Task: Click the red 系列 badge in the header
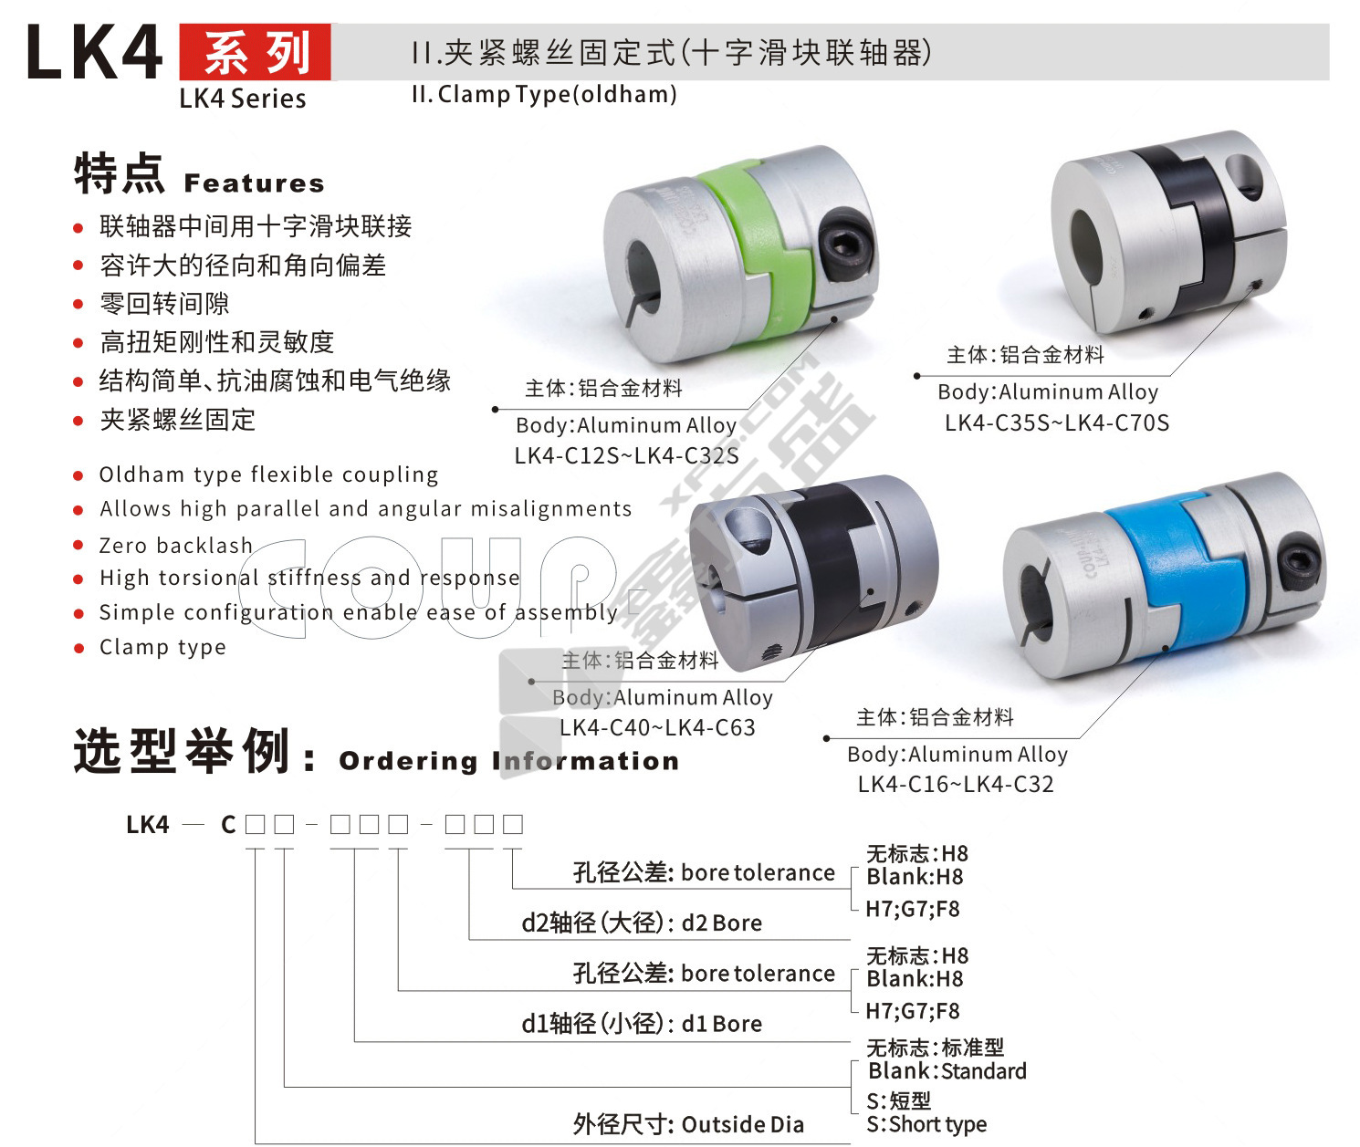pyautogui.click(x=255, y=52)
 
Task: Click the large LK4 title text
pyautogui.click(x=94, y=52)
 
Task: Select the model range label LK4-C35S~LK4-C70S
pyautogui.click(x=1056, y=423)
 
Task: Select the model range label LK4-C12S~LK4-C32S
pyautogui.click(x=626, y=456)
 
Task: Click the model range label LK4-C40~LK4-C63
pyautogui.click(x=657, y=727)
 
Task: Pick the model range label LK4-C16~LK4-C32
pyautogui.click(x=956, y=784)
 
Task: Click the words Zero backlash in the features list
pyautogui.click(x=176, y=545)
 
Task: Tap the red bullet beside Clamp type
pyautogui.click(x=78, y=649)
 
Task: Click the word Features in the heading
pyautogui.click(x=255, y=183)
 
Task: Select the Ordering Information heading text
pyautogui.click(x=509, y=761)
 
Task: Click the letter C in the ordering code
pyautogui.click(x=228, y=825)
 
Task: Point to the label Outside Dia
pyautogui.click(x=743, y=1125)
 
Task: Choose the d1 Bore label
pyautogui.click(x=722, y=1024)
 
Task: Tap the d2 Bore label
pyautogui.click(x=722, y=923)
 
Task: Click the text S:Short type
pyautogui.click(x=926, y=1125)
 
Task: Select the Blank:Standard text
pyautogui.click(x=947, y=1071)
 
